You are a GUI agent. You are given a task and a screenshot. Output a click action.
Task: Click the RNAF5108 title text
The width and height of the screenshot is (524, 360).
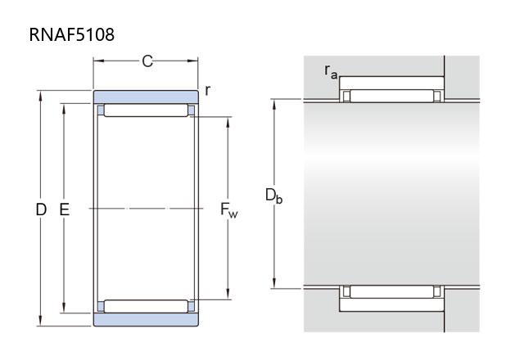pos(72,34)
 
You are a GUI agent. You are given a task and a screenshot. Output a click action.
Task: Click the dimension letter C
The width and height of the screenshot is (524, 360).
pos(147,61)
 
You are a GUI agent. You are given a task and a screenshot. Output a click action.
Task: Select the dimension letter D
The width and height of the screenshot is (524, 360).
pos(41,209)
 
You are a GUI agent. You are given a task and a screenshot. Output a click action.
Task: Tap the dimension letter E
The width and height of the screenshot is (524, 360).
pos(64,209)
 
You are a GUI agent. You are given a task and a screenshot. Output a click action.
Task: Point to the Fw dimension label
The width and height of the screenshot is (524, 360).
pos(229,210)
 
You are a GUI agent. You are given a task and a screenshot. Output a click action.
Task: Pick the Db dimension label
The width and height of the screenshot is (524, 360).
pos(273,196)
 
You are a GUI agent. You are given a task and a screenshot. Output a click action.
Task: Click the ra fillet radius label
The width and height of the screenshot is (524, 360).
pos(331,71)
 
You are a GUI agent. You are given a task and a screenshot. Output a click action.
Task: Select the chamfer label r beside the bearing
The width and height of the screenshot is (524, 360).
pos(207,90)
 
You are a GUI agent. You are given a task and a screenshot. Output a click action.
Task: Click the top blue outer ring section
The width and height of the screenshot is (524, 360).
pos(146,97)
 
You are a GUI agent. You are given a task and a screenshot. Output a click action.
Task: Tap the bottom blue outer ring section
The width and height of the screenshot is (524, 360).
pos(146,320)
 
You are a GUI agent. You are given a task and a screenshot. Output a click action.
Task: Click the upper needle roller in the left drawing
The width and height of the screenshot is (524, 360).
pos(146,110)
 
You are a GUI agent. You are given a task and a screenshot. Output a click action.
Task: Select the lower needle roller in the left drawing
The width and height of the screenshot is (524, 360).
pos(146,306)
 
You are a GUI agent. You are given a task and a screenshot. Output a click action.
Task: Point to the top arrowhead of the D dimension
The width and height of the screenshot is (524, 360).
pos(40,96)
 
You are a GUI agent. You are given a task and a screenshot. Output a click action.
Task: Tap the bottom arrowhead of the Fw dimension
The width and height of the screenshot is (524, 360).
pos(228,294)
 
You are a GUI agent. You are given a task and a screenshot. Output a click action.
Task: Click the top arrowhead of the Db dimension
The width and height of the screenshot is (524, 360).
pos(274,105)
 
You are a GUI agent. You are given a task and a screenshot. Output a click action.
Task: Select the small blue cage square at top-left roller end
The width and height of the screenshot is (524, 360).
pos(101,110)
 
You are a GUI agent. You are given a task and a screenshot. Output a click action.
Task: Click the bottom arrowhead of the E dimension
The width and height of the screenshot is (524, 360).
pos(64,308)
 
